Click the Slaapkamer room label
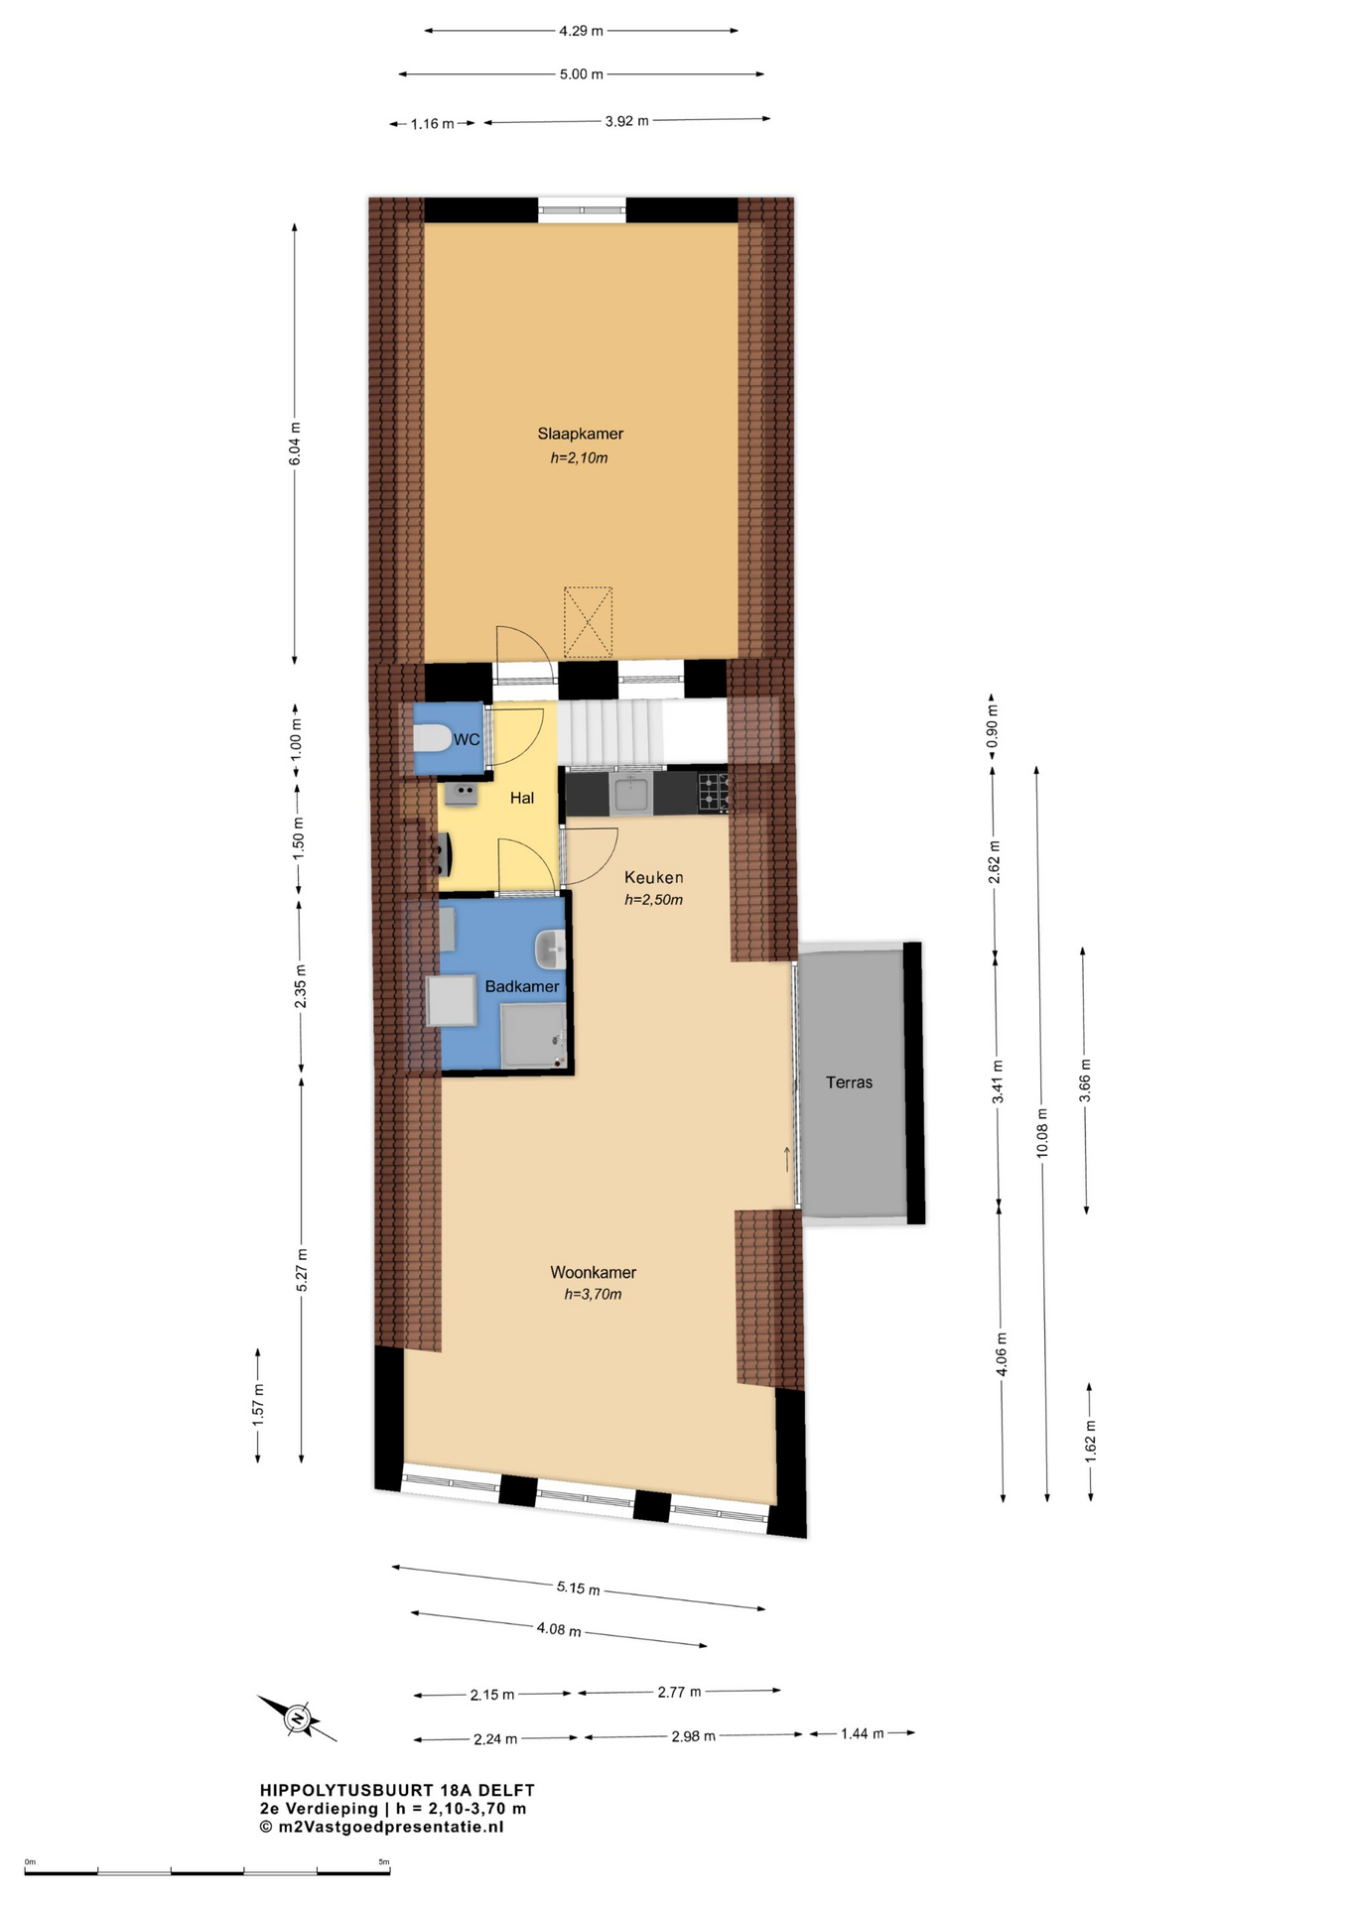(581, 434)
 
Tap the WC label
(467, 739)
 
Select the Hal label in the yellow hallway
(522, 798)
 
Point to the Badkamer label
(522, 986)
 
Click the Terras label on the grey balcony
(850, 1082)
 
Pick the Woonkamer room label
(594, 1272)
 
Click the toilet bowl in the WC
(431, 739)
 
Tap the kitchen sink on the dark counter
(631, 794)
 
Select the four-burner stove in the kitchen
(714, 792)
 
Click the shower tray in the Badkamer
(533, 1035)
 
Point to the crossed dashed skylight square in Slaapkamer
(589, 622)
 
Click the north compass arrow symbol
(297, 1717)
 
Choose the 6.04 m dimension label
(295, 444)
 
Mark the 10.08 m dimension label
(1041, 1132)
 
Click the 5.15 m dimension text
(578, 1587)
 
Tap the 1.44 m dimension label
(862, 1733)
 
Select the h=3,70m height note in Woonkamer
(594, 1294)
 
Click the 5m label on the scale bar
(384, 1861)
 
